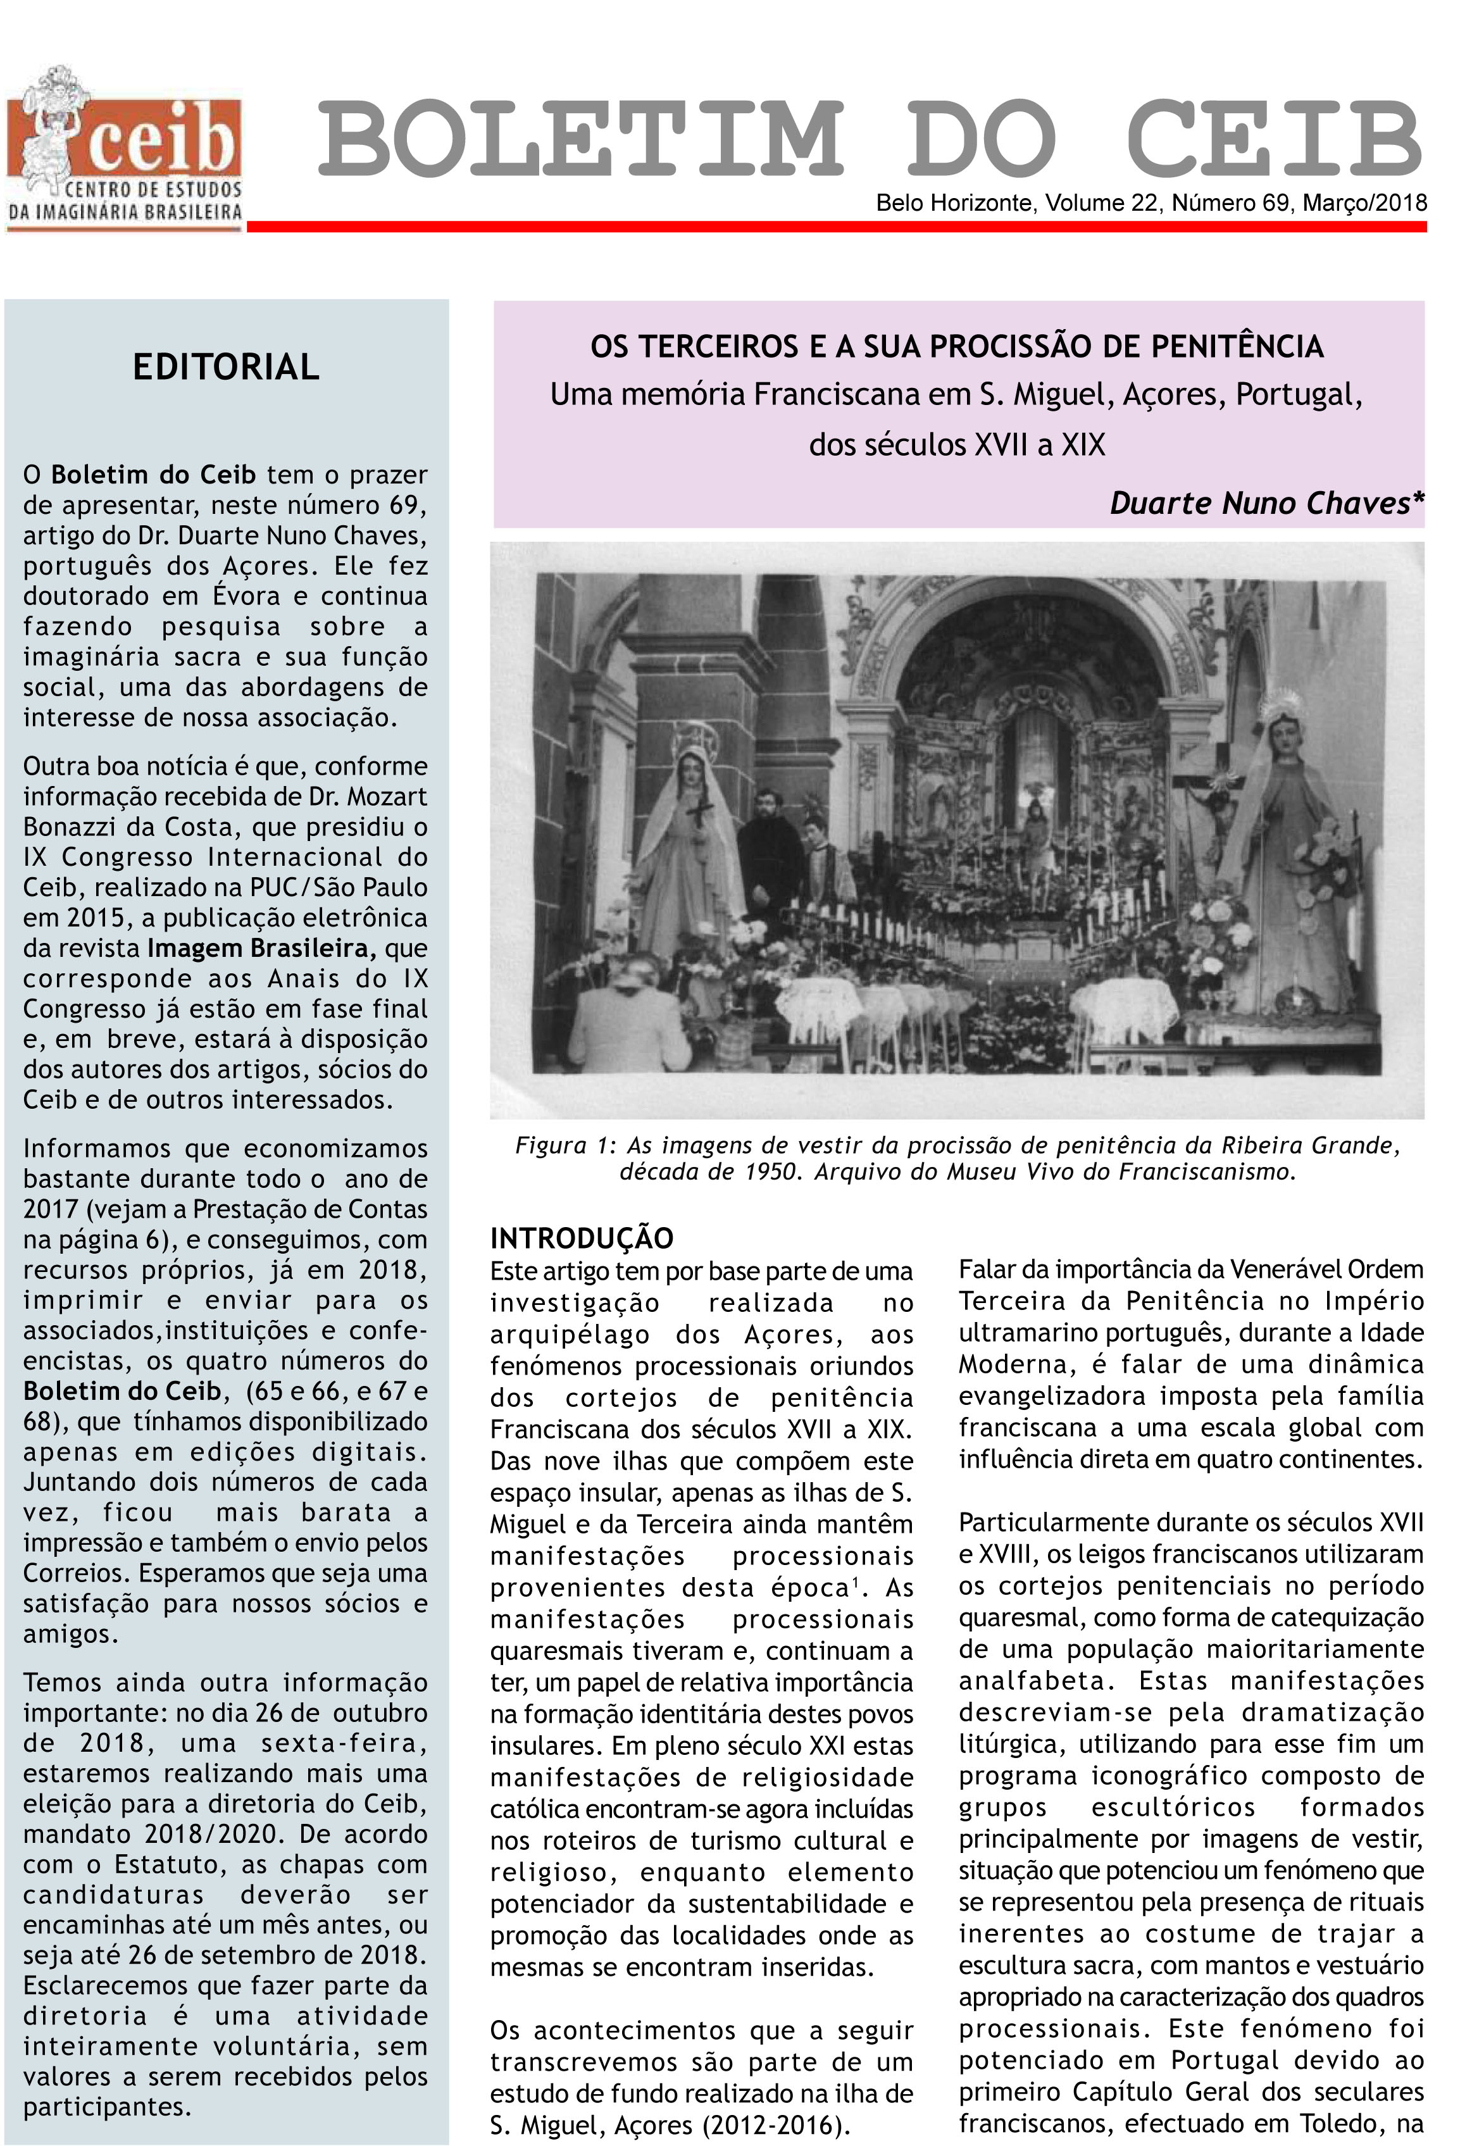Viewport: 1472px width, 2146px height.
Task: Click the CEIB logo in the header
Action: [x=125, y=147]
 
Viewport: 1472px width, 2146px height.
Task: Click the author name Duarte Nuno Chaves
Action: [x=1265, y=503]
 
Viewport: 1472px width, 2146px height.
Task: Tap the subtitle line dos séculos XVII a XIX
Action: [x=957, y=445]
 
